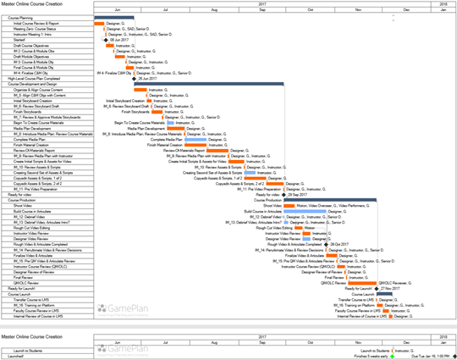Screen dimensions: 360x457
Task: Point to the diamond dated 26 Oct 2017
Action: click(x=327, y=244)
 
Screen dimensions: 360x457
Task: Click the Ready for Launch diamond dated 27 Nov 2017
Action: click(x=376, y=288)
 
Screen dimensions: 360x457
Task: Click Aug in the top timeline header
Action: click(x=211, y=9)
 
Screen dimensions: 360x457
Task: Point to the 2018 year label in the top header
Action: click(x=443, y=3)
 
